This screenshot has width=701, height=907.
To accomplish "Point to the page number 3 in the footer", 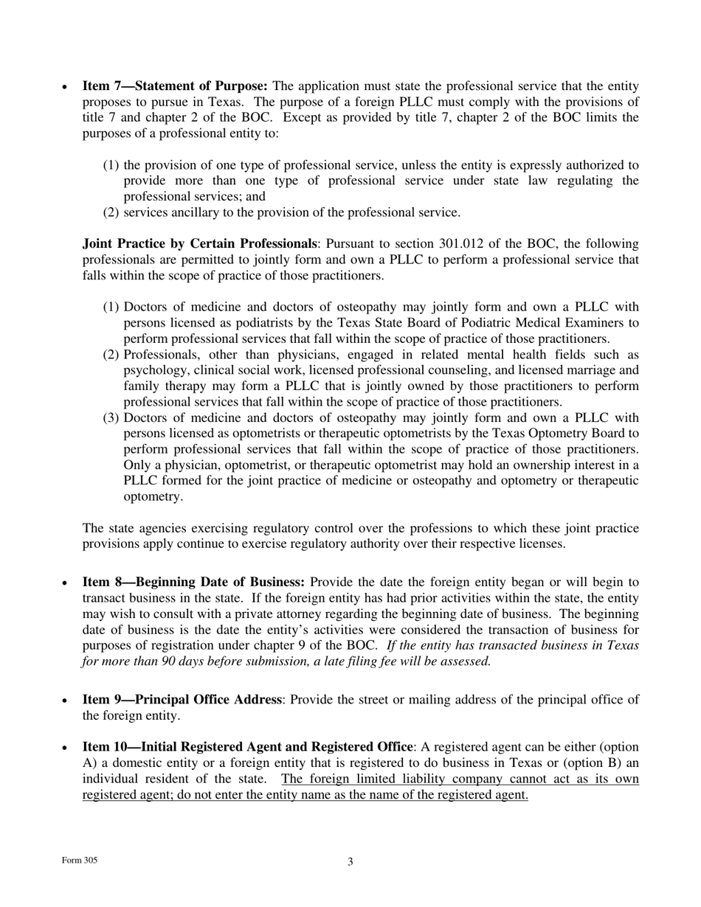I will tap(350, 862).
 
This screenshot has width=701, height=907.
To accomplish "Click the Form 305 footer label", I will tap(80, 861).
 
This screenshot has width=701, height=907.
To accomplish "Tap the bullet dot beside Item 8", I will tap(66, 583).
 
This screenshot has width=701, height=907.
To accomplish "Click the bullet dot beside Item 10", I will tap(66, 748).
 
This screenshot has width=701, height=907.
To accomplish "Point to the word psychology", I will tap(152, 371).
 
